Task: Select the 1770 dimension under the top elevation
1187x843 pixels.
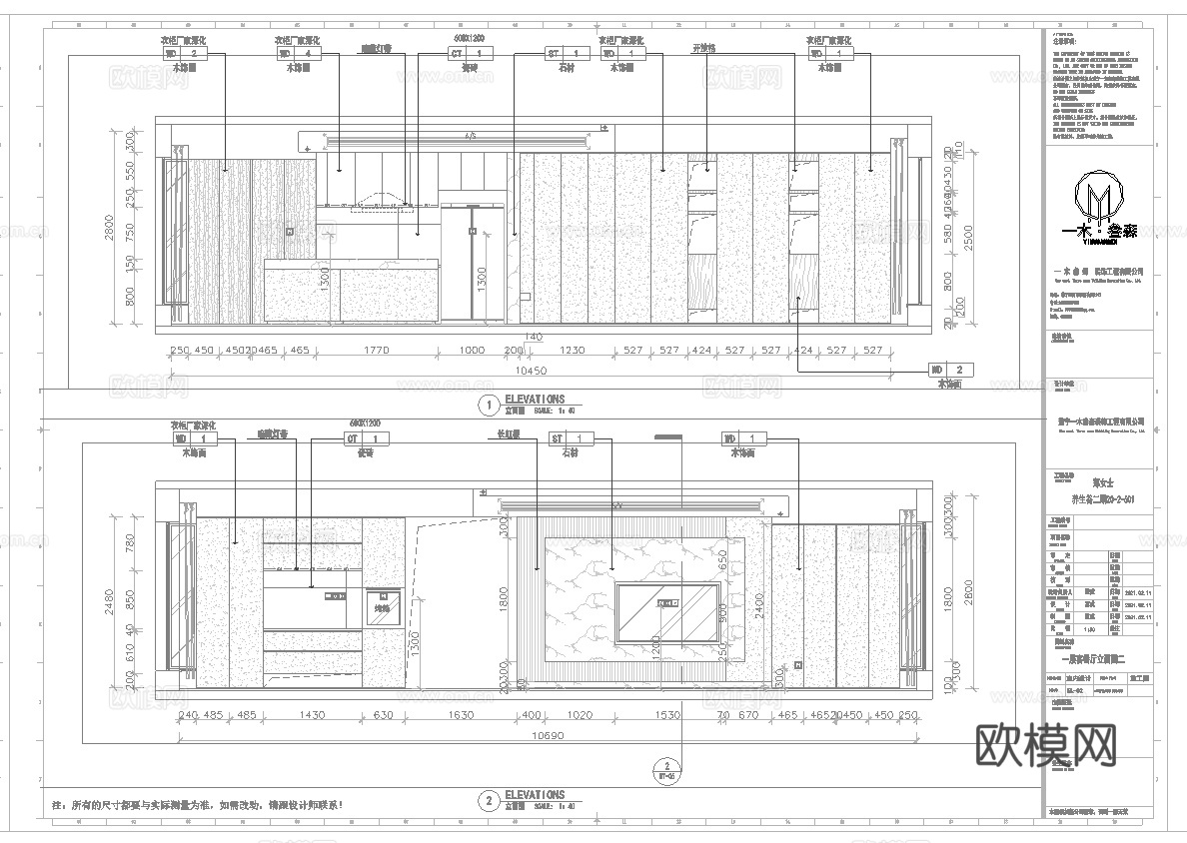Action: [x=376, y=351]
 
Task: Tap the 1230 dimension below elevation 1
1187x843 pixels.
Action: [x=572, y=351]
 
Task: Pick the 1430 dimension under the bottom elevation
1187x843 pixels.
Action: [x=312, y=715]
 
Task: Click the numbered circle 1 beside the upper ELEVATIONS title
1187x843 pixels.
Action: [x=489, y=405]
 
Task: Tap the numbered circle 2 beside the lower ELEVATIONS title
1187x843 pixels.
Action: [x=489, y=800]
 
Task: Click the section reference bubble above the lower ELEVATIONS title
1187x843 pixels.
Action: [x=667, y=769]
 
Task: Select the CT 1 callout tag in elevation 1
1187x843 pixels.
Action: [x=470, y=54]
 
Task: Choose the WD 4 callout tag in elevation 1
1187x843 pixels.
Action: [x=298, y=54]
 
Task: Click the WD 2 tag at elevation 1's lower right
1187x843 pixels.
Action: [x=949, y=370]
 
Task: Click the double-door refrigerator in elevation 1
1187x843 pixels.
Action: [x=473, y=262]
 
